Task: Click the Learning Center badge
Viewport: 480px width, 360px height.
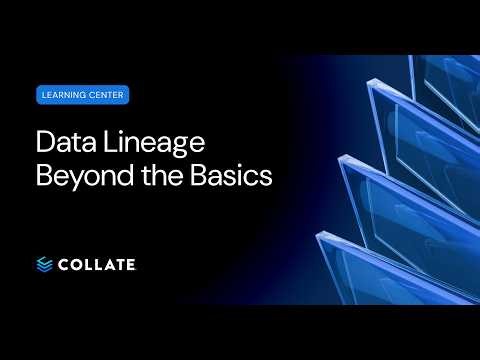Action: [82, 96]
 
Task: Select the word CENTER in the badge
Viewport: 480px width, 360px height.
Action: [107, 96]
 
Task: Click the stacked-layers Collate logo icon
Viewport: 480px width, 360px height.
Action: [45, 263]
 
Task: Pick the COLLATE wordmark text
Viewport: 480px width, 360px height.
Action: [98, 263]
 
